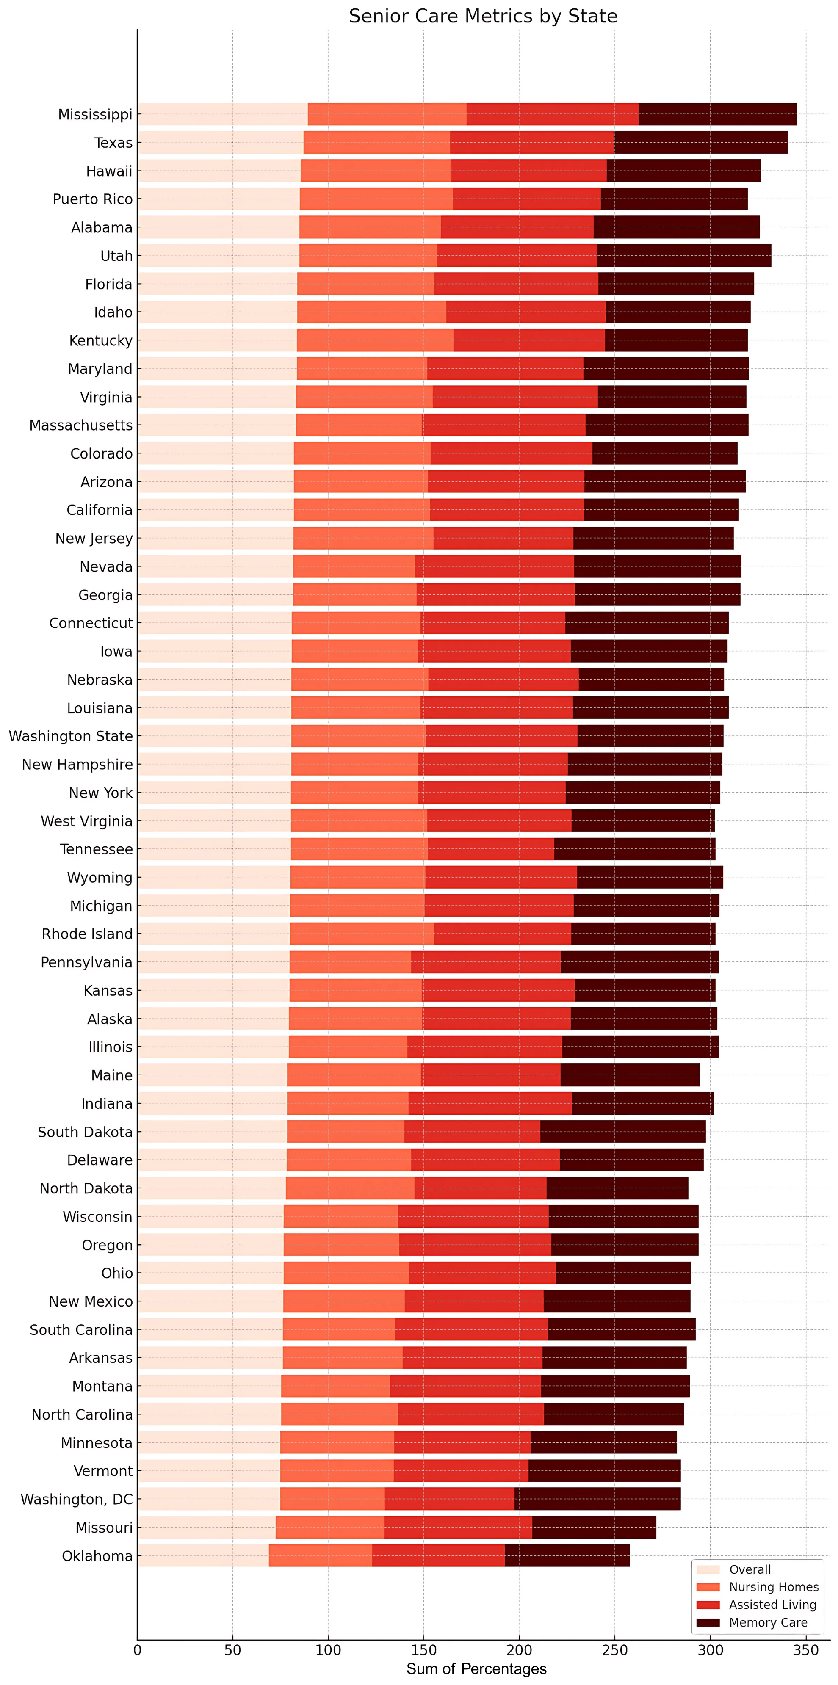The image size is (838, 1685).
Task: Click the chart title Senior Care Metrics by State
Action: point(483,17)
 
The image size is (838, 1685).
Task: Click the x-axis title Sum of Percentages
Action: point(476,1668)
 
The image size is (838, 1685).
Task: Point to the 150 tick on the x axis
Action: point(424,1650)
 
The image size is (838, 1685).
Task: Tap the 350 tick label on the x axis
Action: point(806,1650)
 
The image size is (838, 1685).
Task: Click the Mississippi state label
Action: point(96,114)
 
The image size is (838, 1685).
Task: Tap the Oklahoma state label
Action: point(97,1555)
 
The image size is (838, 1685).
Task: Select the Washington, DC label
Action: point(77,1499)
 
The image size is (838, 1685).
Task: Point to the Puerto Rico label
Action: point(93,199)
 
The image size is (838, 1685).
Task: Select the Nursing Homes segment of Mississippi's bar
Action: point(387,114)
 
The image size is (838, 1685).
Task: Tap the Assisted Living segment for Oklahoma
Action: point(438,1555)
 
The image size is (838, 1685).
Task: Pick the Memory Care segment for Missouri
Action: point(594,1528)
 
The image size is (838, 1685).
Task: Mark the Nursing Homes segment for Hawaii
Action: point(376,171)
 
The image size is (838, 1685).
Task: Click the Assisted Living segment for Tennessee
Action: point(491,849)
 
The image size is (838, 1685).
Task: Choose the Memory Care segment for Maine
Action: point(630,1075)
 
